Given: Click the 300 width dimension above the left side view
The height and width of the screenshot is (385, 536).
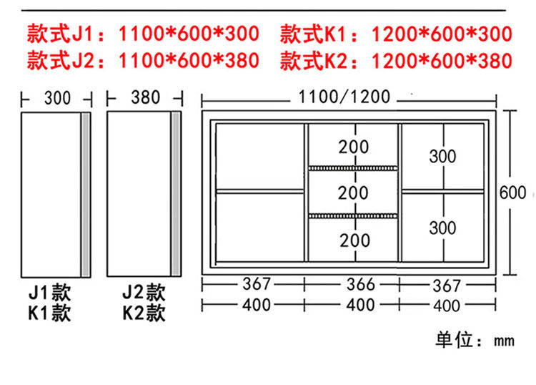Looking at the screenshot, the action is [57, 97].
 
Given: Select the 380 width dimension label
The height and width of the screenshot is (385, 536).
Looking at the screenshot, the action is [146, 97].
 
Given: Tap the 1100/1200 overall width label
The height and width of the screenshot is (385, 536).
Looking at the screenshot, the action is [344, 96].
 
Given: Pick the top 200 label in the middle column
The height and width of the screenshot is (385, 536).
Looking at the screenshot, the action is [354, 147].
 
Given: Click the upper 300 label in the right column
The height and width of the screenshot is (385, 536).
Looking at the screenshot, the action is [443, 155].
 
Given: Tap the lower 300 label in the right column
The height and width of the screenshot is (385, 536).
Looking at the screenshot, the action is [443, 228].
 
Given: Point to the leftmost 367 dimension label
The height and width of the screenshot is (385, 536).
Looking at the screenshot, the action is [256, 284].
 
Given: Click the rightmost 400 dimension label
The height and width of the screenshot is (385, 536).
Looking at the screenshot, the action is [447, 305].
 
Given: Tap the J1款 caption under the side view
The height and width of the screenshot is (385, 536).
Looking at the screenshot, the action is [49, 292].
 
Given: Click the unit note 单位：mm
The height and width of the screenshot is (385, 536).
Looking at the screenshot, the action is [475, 339].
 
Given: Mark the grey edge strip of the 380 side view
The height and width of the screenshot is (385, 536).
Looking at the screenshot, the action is [175, 193].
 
